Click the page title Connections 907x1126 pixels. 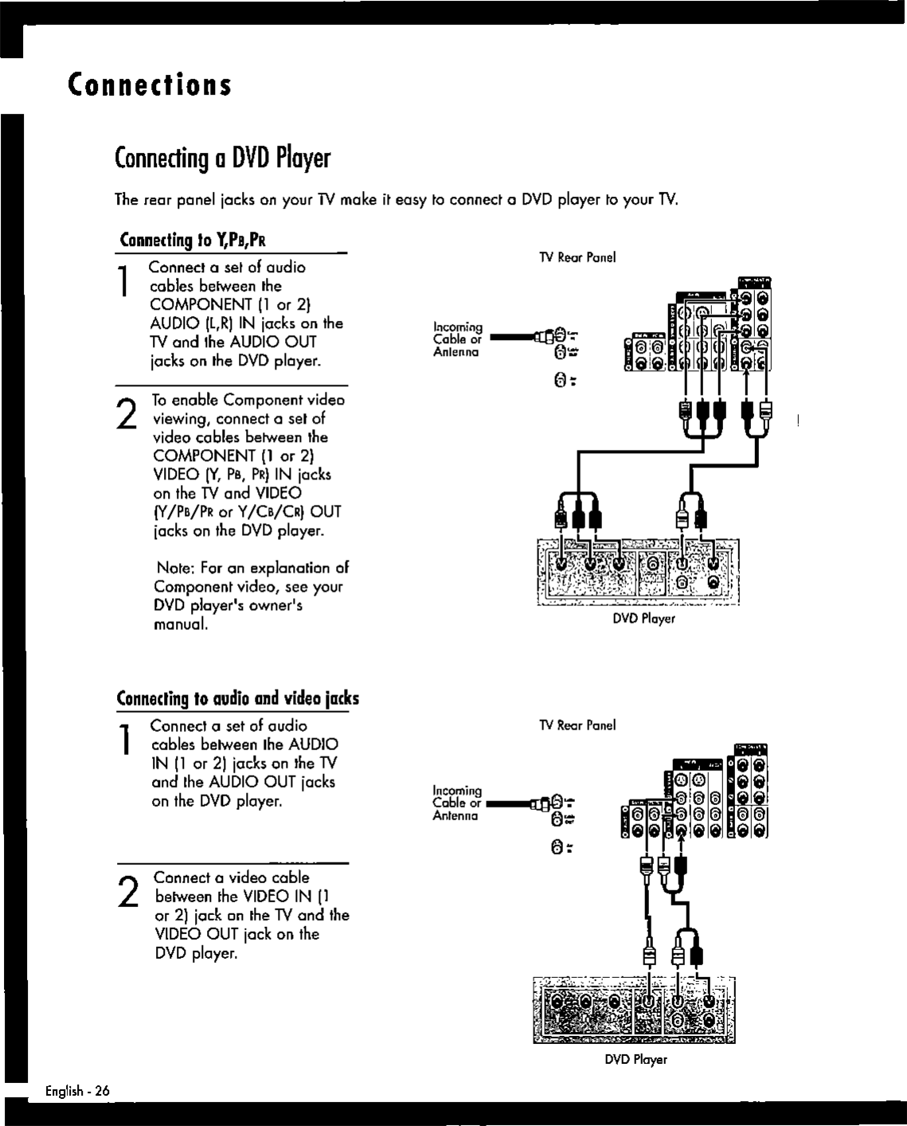coord(150,84)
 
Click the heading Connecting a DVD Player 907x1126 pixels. coord(222,158)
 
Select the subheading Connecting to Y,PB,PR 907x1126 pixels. coord(192,240)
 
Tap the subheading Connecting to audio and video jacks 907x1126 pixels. coord(237,698)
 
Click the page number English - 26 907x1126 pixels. coord(77,1091)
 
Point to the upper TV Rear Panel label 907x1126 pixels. coord(577,257)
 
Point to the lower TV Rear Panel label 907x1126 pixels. coord(577,725)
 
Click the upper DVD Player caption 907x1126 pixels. coord(643,618)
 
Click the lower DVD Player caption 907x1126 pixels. coord(635,1059)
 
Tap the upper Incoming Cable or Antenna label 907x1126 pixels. coord(458,339)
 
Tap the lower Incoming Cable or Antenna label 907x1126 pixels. coord(457,803)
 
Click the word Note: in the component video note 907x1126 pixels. coord(176,568)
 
